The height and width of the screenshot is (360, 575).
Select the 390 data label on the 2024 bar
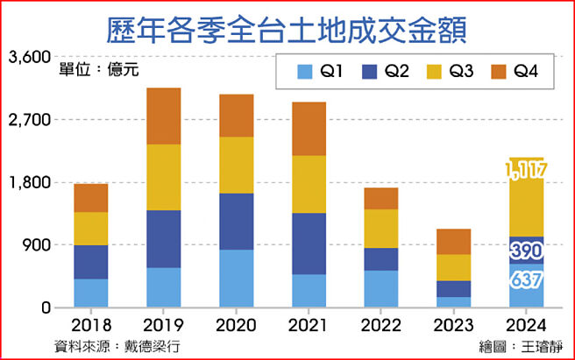pyautogui.click(x=524, y=251)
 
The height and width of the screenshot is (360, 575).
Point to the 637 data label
pyautogui.click(x=524, y=280)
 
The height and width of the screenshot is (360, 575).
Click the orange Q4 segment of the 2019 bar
pyautogui.click(x=163, y=116)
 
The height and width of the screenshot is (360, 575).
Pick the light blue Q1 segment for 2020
pyautogui.click(x=236, y=279)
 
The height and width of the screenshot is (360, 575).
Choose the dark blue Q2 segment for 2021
pyautogui.click(x=309, y=244)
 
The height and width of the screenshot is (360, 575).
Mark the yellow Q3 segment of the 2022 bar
pyautogui.click(x=380, y=229)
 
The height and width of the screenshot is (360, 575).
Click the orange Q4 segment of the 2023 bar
pyautogui.click(x=453, y=242)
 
